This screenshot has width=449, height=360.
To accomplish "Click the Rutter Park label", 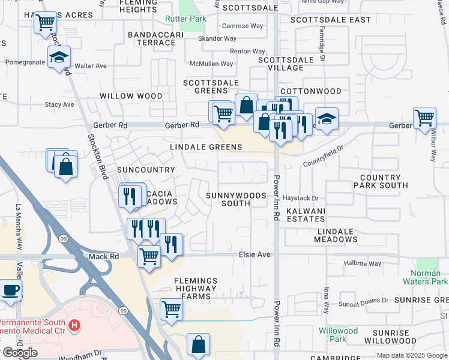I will click(185, 19).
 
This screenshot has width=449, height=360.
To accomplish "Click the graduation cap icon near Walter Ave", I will click(59, 58).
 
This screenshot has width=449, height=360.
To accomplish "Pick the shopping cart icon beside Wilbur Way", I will click(424, 118).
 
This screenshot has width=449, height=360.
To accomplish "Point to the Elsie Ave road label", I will click(255, 254).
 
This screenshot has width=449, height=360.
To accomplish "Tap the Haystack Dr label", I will click(300, 198).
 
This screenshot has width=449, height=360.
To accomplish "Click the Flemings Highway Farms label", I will click(195, 289).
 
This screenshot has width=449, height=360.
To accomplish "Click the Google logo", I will click(20, 353).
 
